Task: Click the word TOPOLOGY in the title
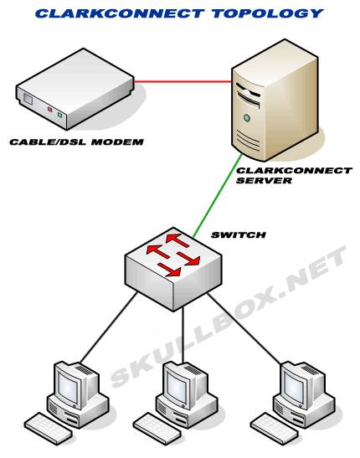coord(267,13)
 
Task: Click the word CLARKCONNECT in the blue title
coord(120,13)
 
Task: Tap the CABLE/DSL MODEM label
coord(76,142)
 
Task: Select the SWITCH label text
coord(239,234)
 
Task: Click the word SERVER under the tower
coord(264,180)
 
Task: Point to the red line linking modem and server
coord(183,81)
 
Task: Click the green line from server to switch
coord(217,195)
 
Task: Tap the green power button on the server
coord(247,118)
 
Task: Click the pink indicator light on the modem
coord(49,110)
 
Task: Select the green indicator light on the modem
coord(59,115)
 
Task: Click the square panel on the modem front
coord(28,100)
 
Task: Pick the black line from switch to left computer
coord(109,327)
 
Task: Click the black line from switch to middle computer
coord(183,335)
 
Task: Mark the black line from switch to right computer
coord(244,329)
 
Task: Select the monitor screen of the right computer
coord(293,385)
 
